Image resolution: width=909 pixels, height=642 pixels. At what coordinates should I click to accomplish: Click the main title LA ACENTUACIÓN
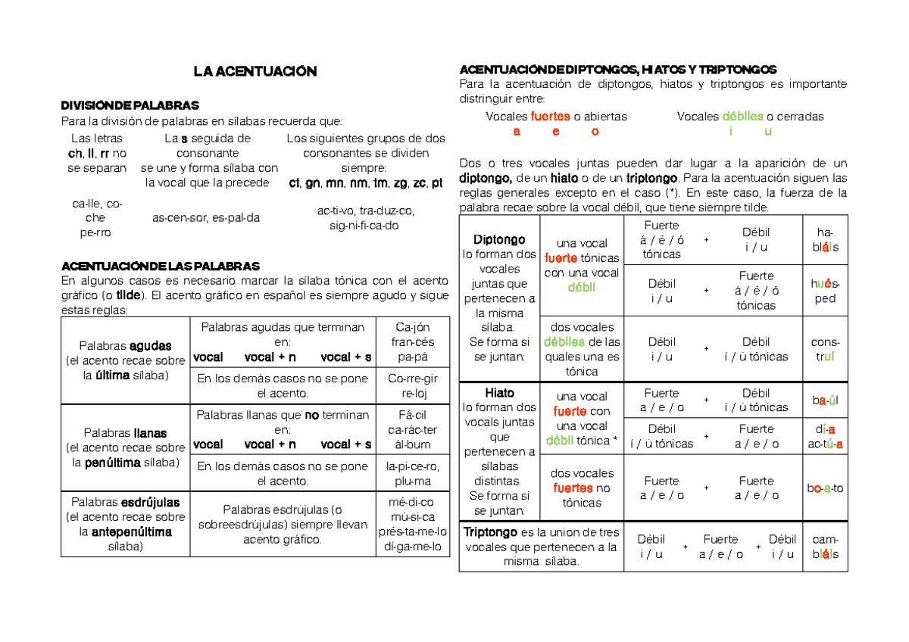click(x=254, y=72)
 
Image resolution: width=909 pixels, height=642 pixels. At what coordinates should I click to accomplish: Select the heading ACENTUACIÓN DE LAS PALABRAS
click(x=160, y=266)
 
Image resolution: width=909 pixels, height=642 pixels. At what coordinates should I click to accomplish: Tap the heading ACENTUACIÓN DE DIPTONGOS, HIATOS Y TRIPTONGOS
click(x=617, y=69)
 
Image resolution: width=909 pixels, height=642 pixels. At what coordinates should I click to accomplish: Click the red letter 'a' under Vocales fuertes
click(x=517, y=132)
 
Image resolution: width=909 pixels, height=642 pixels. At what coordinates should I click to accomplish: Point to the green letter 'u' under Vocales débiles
click(x=768, y=132)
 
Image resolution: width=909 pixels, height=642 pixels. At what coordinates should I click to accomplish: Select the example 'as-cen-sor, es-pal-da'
click(x=205, y=218)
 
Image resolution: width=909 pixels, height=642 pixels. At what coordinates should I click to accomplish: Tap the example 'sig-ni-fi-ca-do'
click(x=364, y=226)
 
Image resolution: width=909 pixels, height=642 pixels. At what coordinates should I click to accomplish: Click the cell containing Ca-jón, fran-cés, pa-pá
click(x=413, y=341)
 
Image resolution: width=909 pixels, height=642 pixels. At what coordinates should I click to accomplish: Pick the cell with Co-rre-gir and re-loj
click(x=413, y=386)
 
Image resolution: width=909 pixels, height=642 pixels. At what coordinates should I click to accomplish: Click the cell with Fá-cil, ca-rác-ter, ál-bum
click(x=413, y=429)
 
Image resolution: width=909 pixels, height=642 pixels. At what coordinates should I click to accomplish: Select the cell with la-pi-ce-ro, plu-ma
click(x=413, y=473)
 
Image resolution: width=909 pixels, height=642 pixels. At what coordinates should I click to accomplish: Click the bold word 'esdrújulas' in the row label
click(x=150, y=502)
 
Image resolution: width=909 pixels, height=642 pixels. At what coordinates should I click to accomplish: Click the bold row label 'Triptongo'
click(x=490, y=532)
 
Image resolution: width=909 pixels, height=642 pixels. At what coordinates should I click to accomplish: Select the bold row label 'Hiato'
click(x=499, y=393)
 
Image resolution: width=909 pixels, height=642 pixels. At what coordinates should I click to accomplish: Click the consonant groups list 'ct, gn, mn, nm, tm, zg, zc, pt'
click(x=366, y=182)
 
